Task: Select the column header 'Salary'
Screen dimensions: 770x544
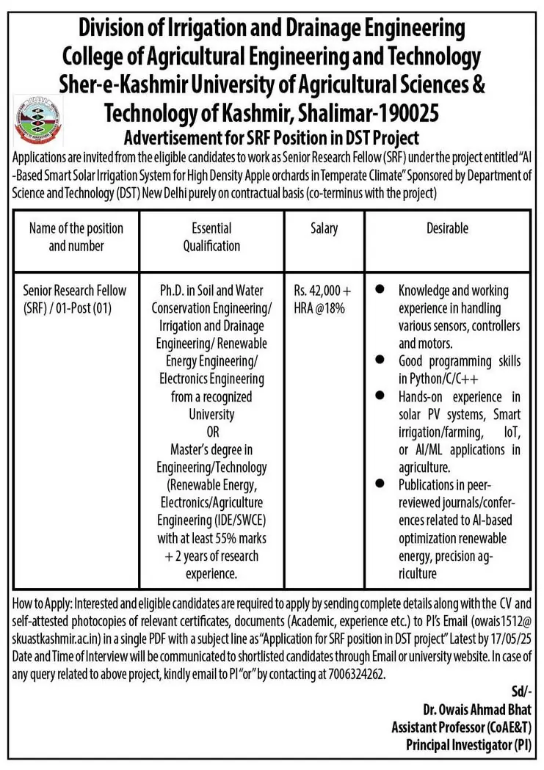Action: (x=324, y=229)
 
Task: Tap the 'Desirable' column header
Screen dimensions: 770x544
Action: (x=447, y=229)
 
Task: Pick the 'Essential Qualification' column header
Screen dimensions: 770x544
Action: (x=211, y=237)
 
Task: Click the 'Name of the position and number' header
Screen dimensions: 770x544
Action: (x=76, y=237)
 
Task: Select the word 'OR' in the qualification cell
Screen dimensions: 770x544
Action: (x=211, y=432)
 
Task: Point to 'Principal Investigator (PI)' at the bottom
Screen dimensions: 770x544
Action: (x=469, y=745)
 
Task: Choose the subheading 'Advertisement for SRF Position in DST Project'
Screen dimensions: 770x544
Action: (x=272, y=137)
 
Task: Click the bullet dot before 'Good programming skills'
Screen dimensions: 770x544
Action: (x=380, y=360)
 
